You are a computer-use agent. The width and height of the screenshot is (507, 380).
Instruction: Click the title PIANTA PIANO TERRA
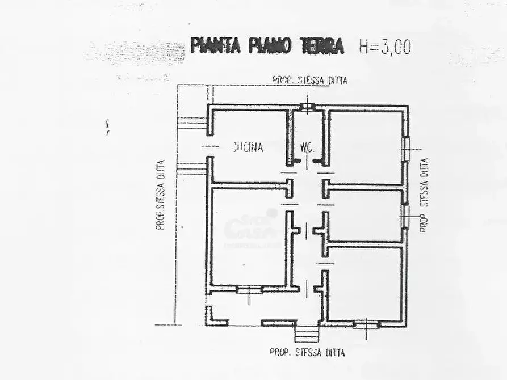click(267, 46)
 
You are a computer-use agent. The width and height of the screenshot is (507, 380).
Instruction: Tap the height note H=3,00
click(384, 47)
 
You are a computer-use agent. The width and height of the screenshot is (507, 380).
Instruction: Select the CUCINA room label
click(248, 148)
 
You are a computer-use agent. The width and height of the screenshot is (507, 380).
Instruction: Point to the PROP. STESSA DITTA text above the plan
click(309, 81)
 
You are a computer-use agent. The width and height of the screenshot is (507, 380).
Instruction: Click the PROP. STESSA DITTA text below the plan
click(307, 352)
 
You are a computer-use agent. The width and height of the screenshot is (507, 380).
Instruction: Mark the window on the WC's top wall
click(307, 106)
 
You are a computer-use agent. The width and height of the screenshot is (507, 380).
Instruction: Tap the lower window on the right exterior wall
click(406, 214)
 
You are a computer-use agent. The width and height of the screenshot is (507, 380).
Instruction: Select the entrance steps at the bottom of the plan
click(307, 332)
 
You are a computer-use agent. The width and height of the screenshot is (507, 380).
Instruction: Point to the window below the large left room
click(249, 289)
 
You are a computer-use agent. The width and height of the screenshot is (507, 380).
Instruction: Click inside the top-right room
click(366, 146)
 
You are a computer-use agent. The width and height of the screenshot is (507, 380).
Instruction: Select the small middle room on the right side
click(366, 216)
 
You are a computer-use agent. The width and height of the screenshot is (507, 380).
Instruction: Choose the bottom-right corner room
click(364, 284)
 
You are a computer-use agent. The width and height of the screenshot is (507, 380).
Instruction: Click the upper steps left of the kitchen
click(191, 122)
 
